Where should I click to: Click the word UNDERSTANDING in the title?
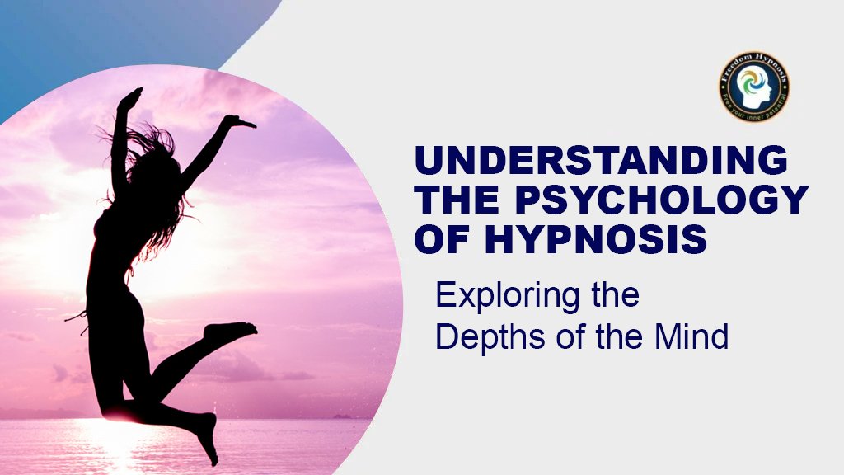(x=600, y=161)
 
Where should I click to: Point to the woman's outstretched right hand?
(x=240, y=122)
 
